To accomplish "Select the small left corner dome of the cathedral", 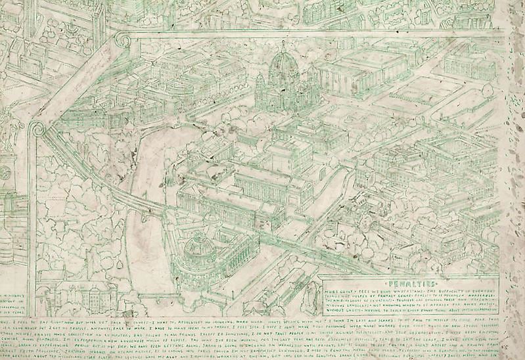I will pos(260,80).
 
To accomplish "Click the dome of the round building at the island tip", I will pos(199,246).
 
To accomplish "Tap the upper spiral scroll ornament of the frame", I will pos(122,40).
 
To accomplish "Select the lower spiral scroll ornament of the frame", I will pos(37,128).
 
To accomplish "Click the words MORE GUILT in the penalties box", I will pos(340,287).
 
